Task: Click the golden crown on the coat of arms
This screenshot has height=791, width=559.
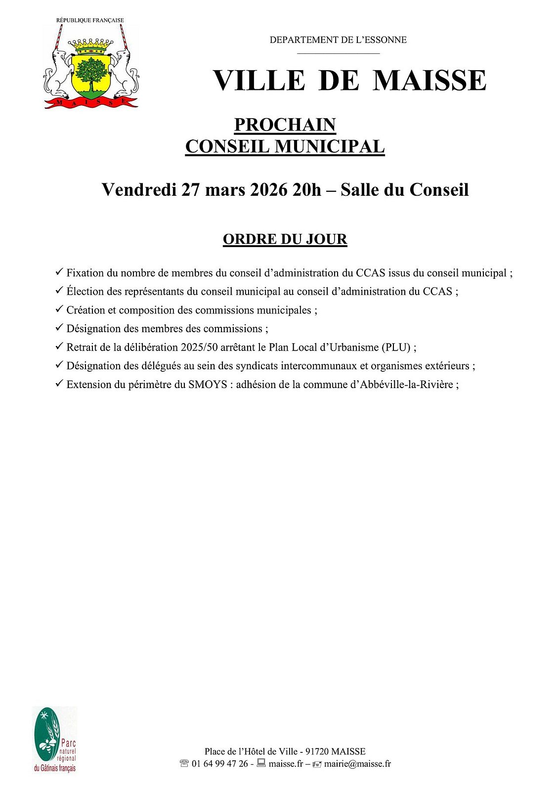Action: [x=91, y=46]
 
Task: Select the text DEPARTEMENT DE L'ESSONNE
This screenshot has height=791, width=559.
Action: [x=338, y=40]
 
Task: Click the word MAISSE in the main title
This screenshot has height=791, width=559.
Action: [x=429, y=81]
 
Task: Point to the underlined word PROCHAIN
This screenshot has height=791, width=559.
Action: [x=285, y=125]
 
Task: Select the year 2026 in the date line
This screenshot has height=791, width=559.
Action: [x=269, y=190]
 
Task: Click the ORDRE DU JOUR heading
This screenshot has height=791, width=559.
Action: [x=285, y=239]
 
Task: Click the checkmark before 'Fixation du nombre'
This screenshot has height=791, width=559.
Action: [x=59, y=272]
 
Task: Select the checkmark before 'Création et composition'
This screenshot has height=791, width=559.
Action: [x=59, y=309]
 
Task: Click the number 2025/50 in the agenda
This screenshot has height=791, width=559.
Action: [x=199, y=348]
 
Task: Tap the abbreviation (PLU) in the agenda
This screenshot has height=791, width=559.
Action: [x=396, y=348]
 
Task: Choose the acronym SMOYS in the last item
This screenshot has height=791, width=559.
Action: [x=208, y=385]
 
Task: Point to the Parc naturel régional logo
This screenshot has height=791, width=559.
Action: [x=55, y=740]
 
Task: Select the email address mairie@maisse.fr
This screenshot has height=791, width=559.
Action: [x=357, y=764]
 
